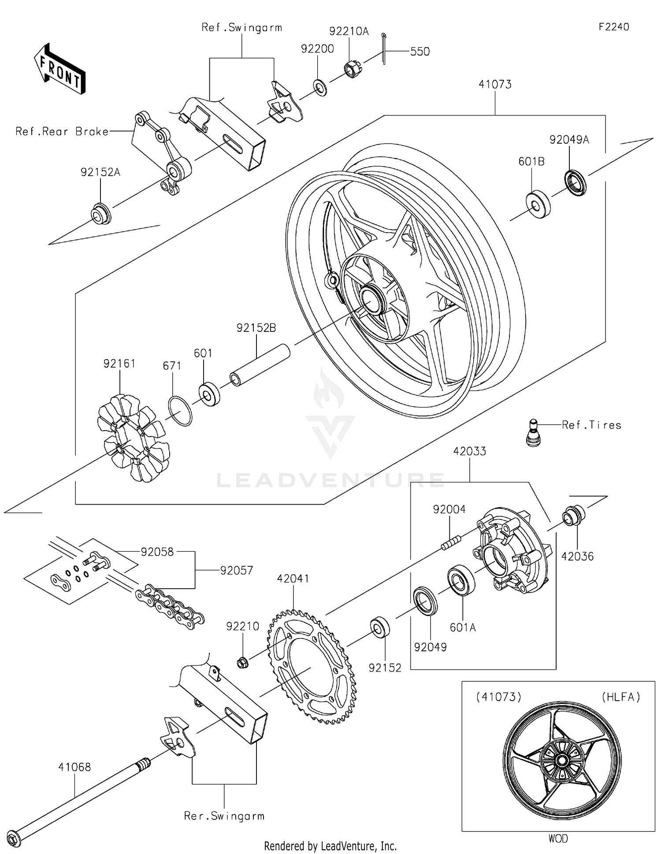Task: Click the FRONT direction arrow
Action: coord(59,69)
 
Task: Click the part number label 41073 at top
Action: coord(495,85)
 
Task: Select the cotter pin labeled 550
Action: coord(384,48)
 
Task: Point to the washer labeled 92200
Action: coord(320,87)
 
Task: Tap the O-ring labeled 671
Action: coord(180,411)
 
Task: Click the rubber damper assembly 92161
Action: coord(133,438)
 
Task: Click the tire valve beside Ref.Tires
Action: coord(534,433)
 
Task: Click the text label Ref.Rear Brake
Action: coord(62,131)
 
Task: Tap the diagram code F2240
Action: coord(613,27)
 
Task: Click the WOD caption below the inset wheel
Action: coord(558,838)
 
